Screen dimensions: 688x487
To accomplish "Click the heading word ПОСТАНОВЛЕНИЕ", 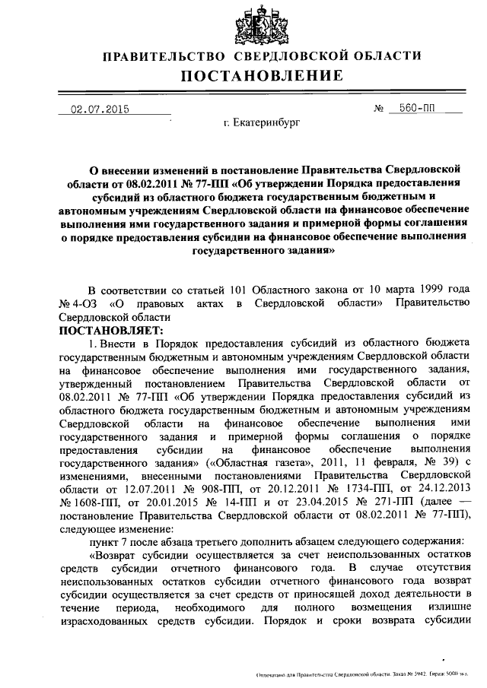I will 261,75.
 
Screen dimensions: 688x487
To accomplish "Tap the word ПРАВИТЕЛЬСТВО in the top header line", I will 164,56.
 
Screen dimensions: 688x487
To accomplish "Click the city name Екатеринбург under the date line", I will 263,122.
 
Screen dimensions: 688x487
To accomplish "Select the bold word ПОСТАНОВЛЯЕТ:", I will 106,331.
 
